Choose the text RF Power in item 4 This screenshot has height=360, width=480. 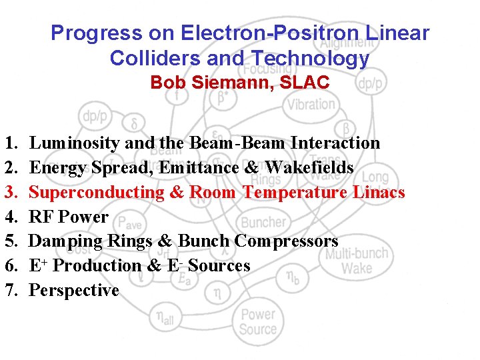pyautogui.click(x=69, y=217)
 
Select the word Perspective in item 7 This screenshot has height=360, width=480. pyautogui.click(x=74, y=290)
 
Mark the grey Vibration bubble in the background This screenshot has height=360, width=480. pyautogui.click(x=311, y=104)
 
